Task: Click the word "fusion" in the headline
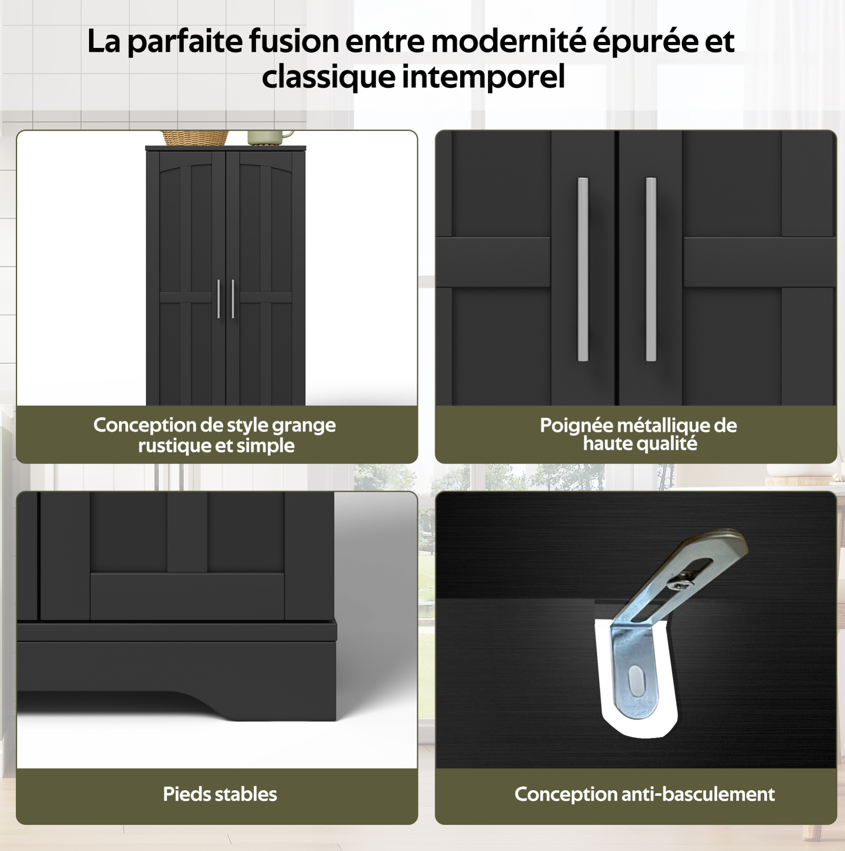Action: coord(293,41)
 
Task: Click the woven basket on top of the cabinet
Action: coord(195,138)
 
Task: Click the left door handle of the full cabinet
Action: coord(218,299)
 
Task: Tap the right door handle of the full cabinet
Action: coord(233,299)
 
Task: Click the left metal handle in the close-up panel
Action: coord(583,269)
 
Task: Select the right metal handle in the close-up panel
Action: coord(651,269)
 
